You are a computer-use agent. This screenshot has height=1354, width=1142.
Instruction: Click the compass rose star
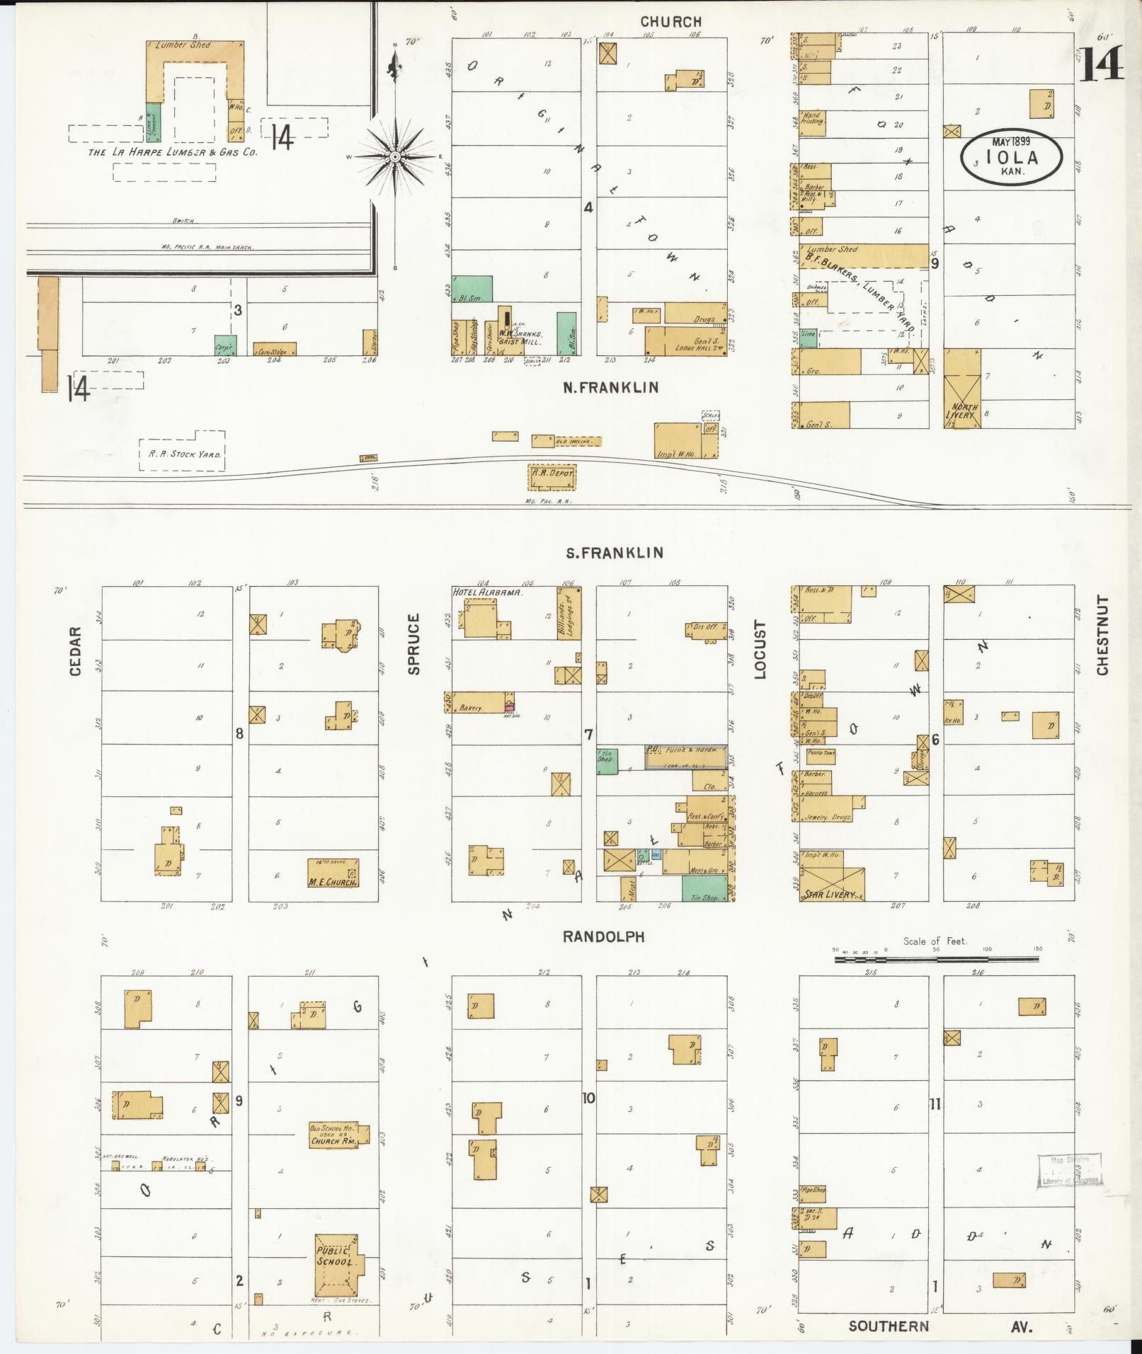[x=395, y=156]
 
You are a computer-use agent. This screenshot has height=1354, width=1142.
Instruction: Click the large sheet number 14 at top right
[x=1102, y=65]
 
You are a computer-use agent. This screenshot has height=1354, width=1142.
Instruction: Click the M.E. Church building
[x=332, y=873]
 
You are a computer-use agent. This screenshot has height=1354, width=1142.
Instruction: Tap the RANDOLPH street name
[x=604, y=936]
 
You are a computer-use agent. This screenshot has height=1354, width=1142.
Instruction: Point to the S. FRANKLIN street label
[x=614, y=552]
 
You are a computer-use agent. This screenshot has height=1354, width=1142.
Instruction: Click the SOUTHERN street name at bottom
[x=888, y=1326]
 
